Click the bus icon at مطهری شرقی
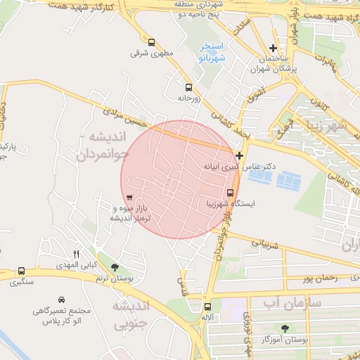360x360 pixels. pyautogui.click(x=152, y=42)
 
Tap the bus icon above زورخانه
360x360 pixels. pyautogui.click(x=188, y=88)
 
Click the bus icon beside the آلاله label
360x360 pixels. pyautogui.click(x=207, y=307)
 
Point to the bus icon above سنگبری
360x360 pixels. pyautogui.click(x=21, y=271)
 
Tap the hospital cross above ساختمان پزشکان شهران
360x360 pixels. pyautogui.click(x=274, y=48)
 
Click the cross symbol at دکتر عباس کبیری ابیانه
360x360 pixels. pyautogui.click(x=240, y=155)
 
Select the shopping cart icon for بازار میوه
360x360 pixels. pyautogui.click(x=129, y=198)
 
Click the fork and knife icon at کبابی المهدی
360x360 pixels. pyautogui.click(x=77, y=254)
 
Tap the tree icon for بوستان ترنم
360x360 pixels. pyautogui.click(x=115, y=267)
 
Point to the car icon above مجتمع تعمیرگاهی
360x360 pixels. pyautogui.click(x=62, y=299)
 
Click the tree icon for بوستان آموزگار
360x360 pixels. pyautogui.click(x=285, y=328)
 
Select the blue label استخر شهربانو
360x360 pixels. pyautogui.click(x=209, y=51)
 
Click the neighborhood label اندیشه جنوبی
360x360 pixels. pyautogui.click(x=131, y=315)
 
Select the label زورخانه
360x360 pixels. pyautogui.click(x=188, y=99)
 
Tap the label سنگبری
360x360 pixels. pyautogui.click(x=21, y=282)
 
